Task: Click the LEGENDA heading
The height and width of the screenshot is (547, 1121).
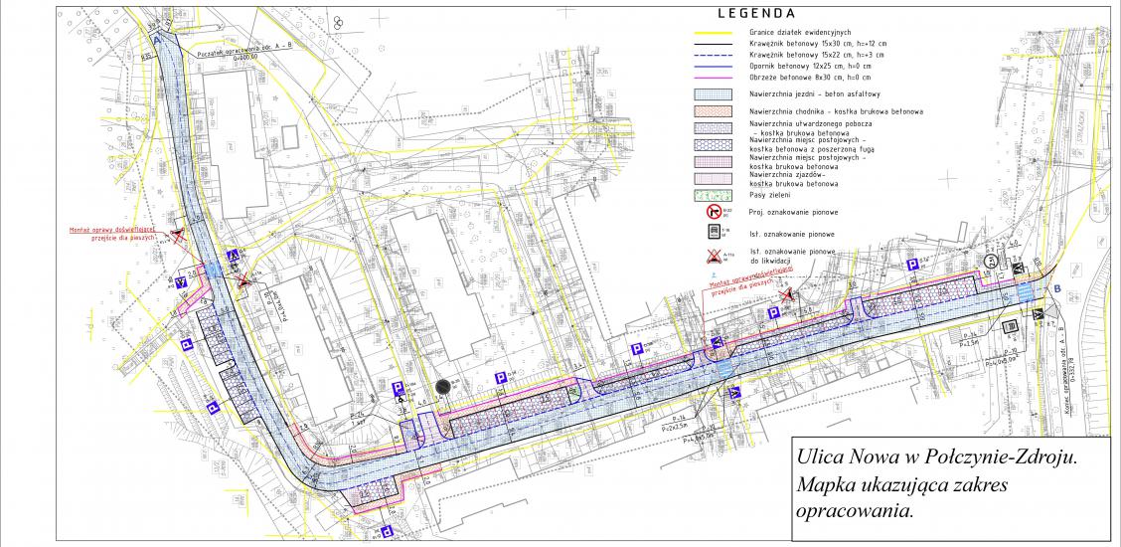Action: (754, 14)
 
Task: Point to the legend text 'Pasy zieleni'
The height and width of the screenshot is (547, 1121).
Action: (772, 195)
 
